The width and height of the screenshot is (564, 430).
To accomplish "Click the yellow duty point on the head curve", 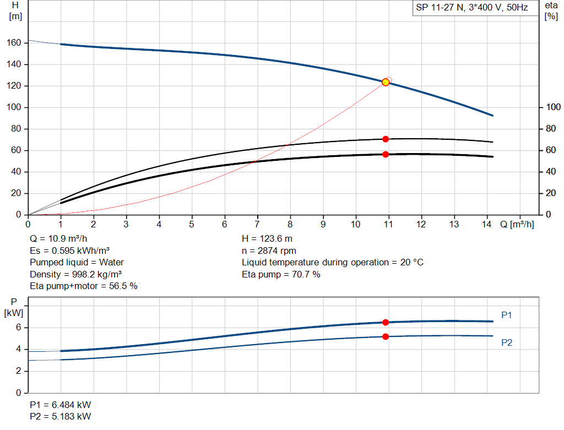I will click(x=386, y=82).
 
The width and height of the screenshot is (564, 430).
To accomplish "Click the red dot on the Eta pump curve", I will click(x=386, y=139).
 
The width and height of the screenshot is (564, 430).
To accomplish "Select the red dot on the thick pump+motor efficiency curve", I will click(x=386, y=154).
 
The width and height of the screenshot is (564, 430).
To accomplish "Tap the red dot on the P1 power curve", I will click(x=386, y=322).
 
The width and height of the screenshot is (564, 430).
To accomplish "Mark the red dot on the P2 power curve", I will click(x=386, y=336).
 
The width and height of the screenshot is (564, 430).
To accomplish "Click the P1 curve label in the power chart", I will click(x=507, y=315).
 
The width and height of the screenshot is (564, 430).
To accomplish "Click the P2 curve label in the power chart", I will click(x=507, y=342).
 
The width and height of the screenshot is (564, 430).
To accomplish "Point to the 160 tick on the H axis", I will click(x=15, y=43).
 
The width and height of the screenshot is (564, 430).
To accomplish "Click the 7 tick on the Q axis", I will click(x=257, y=224).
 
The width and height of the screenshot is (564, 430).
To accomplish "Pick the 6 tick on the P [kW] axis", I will click(x=18, y=328).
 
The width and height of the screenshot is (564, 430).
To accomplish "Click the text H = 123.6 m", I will click(x=267, y=239).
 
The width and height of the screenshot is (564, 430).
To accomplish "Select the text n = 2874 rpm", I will click(x=269, y=251).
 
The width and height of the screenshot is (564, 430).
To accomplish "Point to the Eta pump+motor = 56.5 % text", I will click(x=83, y=286).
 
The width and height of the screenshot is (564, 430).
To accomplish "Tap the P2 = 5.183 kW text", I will click(x=60, y=416).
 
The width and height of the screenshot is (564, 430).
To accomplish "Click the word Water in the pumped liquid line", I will click(x=112, y=262).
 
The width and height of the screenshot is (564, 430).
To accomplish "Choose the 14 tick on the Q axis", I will click(x=486, y=224).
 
